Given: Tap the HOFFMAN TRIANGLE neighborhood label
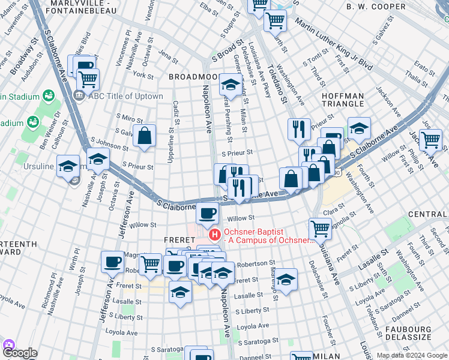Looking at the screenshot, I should pos(343,100).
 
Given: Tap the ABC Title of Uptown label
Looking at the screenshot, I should pos(125,96).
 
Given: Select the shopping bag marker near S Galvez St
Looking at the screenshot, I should pos(145,136).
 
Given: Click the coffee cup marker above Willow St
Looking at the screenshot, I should pos(208,212).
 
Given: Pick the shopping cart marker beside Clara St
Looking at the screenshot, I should pos(321,228).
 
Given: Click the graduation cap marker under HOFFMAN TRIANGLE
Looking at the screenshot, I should pos(359,128).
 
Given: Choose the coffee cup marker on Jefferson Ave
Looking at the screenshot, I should pos(113,261).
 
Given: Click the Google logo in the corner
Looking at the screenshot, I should pos(19,353).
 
